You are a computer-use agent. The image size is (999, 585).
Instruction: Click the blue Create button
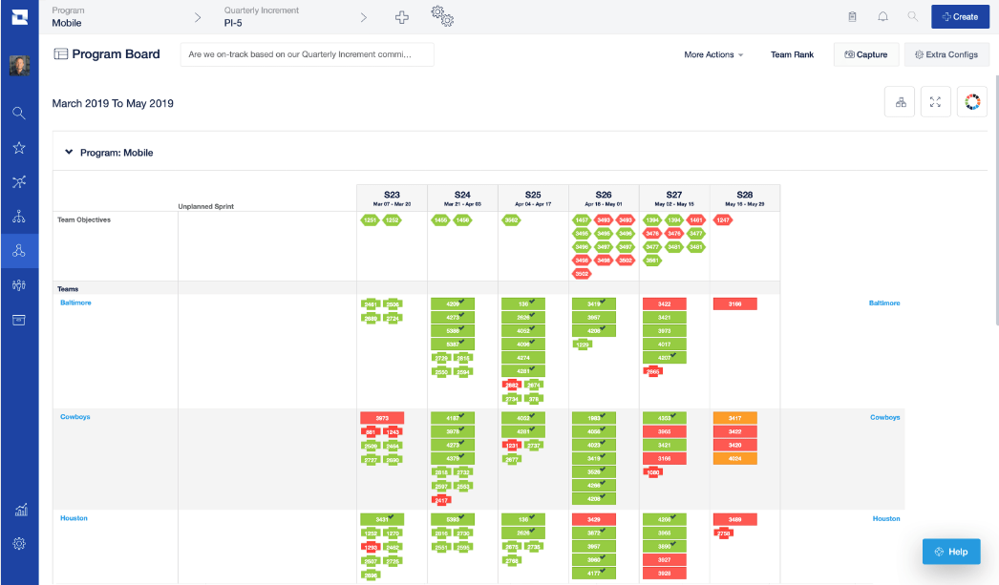coord(960,16)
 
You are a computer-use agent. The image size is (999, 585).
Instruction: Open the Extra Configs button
coord(946,54)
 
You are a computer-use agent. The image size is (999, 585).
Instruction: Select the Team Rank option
coord(792,54)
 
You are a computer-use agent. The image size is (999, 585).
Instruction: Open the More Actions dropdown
coord(712,54)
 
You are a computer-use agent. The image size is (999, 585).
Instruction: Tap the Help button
coord(951,552)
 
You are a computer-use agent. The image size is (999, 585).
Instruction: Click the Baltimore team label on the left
coord(75,303)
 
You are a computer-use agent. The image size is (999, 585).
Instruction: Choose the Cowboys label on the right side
coord(884,417)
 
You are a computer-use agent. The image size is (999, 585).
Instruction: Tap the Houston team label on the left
coord(74,518)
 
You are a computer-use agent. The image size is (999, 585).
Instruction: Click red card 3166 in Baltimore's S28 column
coord(734,303)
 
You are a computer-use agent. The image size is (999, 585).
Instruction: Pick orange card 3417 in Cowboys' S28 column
coord(734,418)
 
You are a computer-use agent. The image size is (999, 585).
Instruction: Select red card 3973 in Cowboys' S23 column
coord(382,418)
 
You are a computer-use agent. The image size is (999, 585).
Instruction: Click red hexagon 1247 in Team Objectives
coord(723,220)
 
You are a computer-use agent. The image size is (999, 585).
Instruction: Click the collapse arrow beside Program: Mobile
coord(69,152)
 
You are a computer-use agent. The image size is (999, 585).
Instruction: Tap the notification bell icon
coord(882,16)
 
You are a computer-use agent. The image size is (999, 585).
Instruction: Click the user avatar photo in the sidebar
coord(19,66)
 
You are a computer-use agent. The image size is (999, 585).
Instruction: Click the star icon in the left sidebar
coord(19,147)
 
